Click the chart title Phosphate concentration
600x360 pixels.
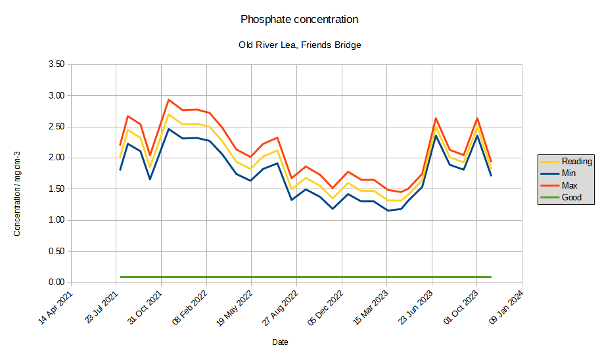(x=299, y=20)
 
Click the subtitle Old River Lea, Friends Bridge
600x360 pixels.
(x=299, y=45)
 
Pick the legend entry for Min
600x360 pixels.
(x=569, y=173)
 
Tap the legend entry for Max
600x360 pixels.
(x=570, y=185)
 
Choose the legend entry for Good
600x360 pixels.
(x=571, y=197)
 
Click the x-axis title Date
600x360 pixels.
(x=280, y=342)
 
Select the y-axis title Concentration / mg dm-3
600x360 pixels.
(x=17, y=193)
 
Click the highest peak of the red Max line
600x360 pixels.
(x=169, y=100)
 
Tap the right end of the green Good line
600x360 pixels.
(x=491, y=277)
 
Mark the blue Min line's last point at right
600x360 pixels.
(x=491, y=175)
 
